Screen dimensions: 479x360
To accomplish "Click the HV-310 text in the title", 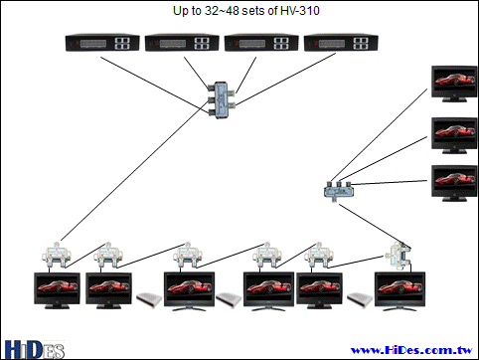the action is pyautogui.click(x=300, y=11).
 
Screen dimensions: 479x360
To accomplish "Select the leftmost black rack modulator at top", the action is pyautogui.click(x=102, y=43).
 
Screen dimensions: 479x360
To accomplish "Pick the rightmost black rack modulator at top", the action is pyautogui.click(x=341, y=43).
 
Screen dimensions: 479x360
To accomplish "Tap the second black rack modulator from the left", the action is pyautogui.click(x=182, y=43).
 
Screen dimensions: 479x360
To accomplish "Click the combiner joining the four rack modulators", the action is pyautogui.click(x=221, y=100).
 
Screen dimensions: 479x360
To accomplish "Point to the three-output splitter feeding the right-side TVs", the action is pyautogui.click(x=339, y=190).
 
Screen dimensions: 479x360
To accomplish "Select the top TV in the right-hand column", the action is pyautogui.click(x=454, y=84).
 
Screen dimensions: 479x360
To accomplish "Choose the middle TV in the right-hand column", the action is pyautogui.click(x=454, y=135).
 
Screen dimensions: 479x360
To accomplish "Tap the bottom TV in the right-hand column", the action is pyautogui.click(x=454, y=183).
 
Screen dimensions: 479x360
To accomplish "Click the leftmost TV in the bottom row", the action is pyautogui.click(x=57, y=290).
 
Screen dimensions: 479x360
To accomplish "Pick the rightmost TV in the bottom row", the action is pyautogui.click(x=399, y=291).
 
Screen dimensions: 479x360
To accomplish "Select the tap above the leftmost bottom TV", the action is pyautogui.click(x=57, y=256).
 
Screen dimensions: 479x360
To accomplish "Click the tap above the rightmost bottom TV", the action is pyautogui.click(x=399, y=256).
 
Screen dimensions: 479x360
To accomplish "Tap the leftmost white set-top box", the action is pyautogui.click(x=149, y=299).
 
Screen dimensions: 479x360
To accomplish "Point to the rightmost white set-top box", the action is pyautogui.click(x=360, y=299).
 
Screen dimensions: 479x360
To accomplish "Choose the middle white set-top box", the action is pyautogui.click(x=229, y=299).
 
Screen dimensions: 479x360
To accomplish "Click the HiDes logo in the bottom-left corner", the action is pyautogui.click(x=34, y=350).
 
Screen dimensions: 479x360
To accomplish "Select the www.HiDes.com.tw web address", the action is pyautogui.click(x=411, y=350).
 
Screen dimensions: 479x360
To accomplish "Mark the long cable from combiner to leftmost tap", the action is pyautogui.click(x=134, y=174).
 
